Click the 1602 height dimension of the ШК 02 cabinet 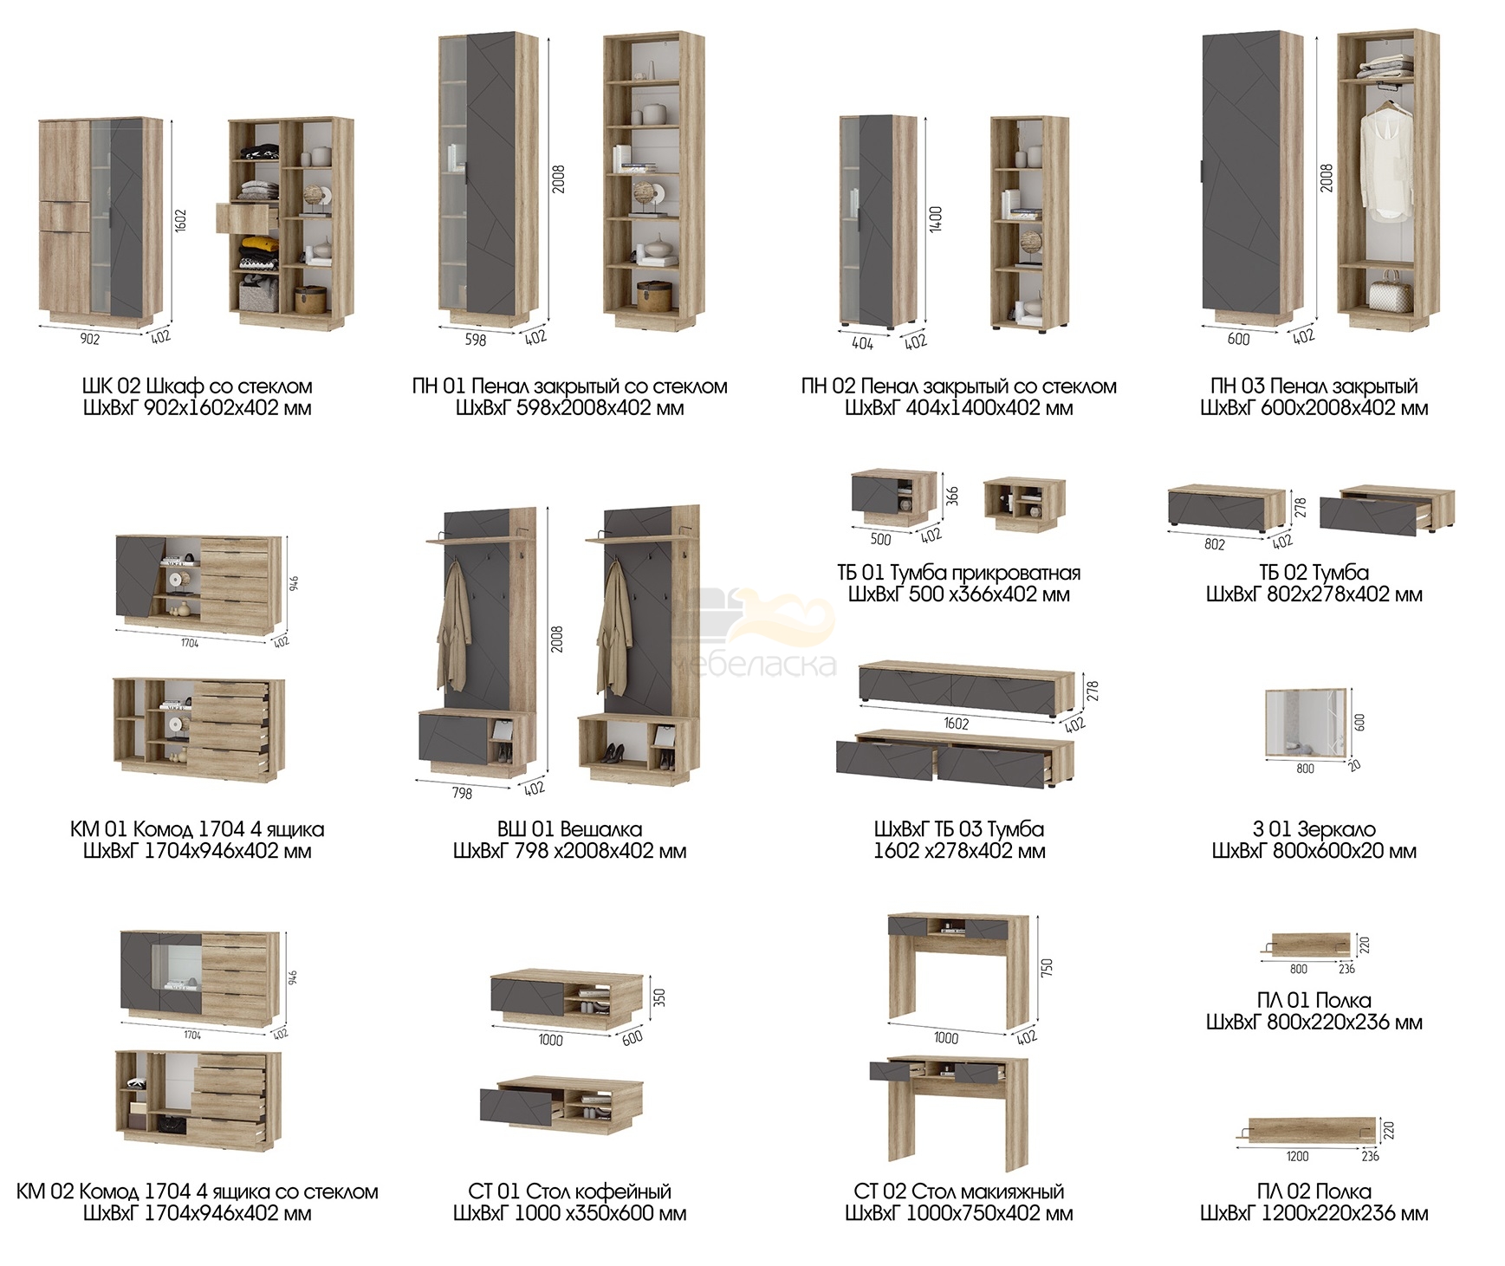pos(181,221)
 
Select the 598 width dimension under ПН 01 pos(476,341)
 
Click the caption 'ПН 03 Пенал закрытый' pos(1314,386)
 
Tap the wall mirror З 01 pos(1308,722)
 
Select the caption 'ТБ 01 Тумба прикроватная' pos(958,573)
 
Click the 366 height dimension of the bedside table pos(952,497)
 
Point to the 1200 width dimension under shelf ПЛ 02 pos(1297,1156)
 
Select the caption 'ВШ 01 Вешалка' pos(569,829)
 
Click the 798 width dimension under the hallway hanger pos(462,793)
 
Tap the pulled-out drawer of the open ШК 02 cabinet pos(248,217)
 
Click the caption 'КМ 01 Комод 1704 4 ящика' pos(198,829)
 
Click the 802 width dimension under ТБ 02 pos(1215,544)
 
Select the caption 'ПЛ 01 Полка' pos(1314,1001)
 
